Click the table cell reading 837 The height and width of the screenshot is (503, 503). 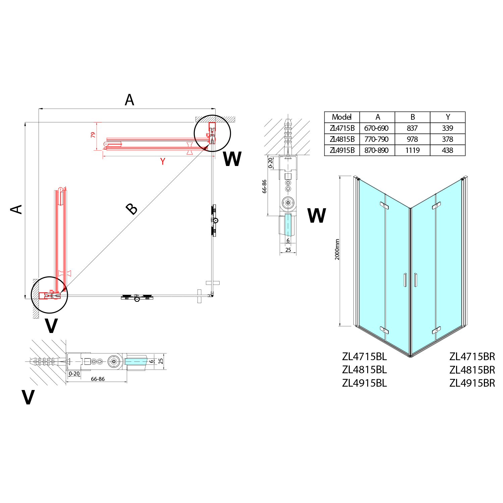point(412,128)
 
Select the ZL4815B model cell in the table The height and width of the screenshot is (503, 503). point(342,139)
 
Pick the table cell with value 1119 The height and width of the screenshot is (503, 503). point(412,150)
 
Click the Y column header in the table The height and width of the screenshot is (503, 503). point(448,117)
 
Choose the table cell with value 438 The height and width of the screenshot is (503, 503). point(448,150)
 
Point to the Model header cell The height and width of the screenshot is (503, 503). point(342,117)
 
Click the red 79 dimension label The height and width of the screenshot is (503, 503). point(93,135)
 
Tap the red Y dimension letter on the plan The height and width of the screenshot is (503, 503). point(163,162)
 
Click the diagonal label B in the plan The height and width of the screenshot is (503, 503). point(132,209)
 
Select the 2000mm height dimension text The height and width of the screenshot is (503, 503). point(337,249)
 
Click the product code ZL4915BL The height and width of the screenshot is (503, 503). point(365,383)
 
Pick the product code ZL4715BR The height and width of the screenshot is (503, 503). point(472,356)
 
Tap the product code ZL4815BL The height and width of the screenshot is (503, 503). point(365,370)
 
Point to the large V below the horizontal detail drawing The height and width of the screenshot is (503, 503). point(28,397)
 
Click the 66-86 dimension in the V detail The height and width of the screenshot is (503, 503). point(98,379)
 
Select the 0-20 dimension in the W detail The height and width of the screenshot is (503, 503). point(271,163)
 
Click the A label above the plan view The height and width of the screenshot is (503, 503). point(129,100)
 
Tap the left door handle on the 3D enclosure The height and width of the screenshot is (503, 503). point(405,280)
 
